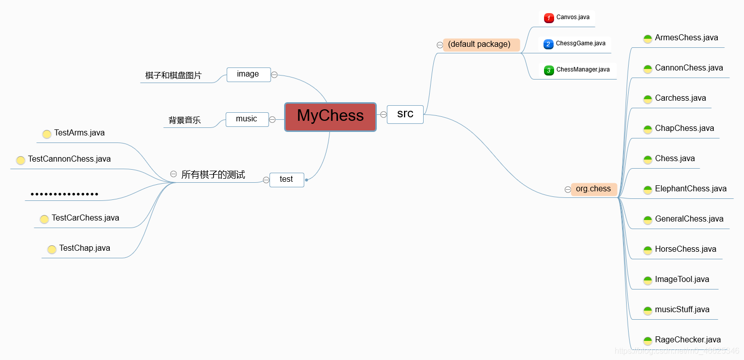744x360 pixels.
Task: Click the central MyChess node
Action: pyautogui.click(x=330, y=117)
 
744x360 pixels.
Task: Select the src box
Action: pyautogui.click(x=405, y=114)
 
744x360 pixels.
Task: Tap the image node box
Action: pyautogui.click(x=249, y=75)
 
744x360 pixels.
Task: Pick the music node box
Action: pyautogui.click(x=247, y=119)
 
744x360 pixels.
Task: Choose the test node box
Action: pyautogui.click(x=287, y=180)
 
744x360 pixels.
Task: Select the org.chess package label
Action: pyautogui.click(x=594, y=189)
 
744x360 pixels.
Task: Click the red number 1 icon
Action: pyautogui.click(x=549, y=18)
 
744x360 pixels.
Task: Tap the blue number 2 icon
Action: pyautogui.click(x=549, y=44)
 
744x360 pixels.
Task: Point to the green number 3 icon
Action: pyautogui.click(x=549, y=70)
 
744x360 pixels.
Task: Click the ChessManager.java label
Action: pyautogui.click(x=583, y=69)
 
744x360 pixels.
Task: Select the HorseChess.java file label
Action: pyautogui.click(x=686, y=249)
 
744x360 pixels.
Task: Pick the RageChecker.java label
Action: pyautogui.click(x=688, y=340)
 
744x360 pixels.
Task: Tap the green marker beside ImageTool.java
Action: pyautogui.click(x=648, y=280)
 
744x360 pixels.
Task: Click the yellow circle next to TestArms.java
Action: pyautogui.click(x=47, y=134)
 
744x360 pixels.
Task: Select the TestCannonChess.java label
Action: pyautogui.click(x=70, y=159)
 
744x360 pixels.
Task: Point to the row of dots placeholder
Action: pyautogui.click(x=64, y=194)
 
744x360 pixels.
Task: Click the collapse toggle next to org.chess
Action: pyautogui.click(x=568, y=189)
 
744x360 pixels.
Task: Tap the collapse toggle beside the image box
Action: pyautogui.click(x=275, y=75)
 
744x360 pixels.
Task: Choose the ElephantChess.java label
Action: pyautogui.click(x=691, y=189)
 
